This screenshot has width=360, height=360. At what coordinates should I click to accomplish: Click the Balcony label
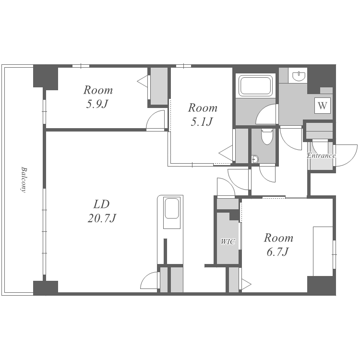click(23, 180)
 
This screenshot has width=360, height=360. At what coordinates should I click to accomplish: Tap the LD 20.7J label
click(102, 211)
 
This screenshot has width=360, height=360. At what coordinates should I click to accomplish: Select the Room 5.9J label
click(98, 96)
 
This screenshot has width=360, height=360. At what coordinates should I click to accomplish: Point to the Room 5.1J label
click(203, 115)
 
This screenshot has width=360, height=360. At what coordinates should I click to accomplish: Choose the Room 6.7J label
click(278, 245)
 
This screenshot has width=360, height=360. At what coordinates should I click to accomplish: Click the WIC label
click(228, 241)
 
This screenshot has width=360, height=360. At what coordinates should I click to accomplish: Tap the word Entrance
click(321, 156)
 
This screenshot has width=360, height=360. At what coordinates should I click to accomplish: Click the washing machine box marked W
click(323, 106)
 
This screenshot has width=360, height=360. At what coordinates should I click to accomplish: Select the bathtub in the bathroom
click(255, 85)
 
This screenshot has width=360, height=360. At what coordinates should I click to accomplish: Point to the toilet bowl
click(266, 136)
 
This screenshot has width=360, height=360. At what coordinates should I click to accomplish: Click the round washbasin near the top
click(299, 76)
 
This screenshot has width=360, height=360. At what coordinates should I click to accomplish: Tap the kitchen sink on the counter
click(171, 208)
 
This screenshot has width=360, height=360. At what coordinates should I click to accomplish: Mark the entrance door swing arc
click(346, 155)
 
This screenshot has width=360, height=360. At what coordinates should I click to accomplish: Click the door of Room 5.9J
click(156, 120)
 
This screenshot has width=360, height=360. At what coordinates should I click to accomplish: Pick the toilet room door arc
click(267, 174)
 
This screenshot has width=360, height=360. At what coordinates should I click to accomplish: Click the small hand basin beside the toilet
click(254, 159)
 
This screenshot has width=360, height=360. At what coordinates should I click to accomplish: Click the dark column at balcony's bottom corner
click(46, 288)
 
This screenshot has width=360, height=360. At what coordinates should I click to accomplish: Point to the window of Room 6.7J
click(334, 254)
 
